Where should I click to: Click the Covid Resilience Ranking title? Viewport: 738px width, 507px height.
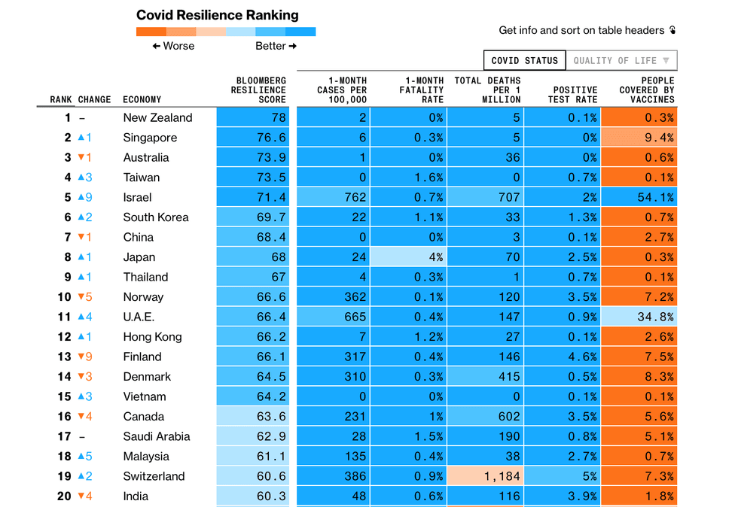(217, 15)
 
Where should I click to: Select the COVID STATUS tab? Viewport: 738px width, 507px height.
(524, 60)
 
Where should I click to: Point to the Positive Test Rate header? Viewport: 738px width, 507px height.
(575, 94)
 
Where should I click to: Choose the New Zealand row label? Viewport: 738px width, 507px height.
(157, 117)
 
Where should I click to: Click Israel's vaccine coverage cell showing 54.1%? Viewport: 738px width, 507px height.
(639, 197)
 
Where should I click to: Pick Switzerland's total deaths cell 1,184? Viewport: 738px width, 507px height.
(486, 476)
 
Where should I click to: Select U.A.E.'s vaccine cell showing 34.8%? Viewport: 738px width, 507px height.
(639, 317)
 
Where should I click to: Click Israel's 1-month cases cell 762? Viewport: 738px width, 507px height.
(334, 197)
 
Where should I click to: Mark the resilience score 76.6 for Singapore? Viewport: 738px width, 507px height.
(255, 138)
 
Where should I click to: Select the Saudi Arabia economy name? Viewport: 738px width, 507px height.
(157, 436)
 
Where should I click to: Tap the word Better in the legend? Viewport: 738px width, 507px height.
(270, 46)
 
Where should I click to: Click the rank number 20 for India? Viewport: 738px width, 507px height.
(64, 496)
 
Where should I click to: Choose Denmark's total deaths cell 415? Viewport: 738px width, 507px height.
(486, 377)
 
